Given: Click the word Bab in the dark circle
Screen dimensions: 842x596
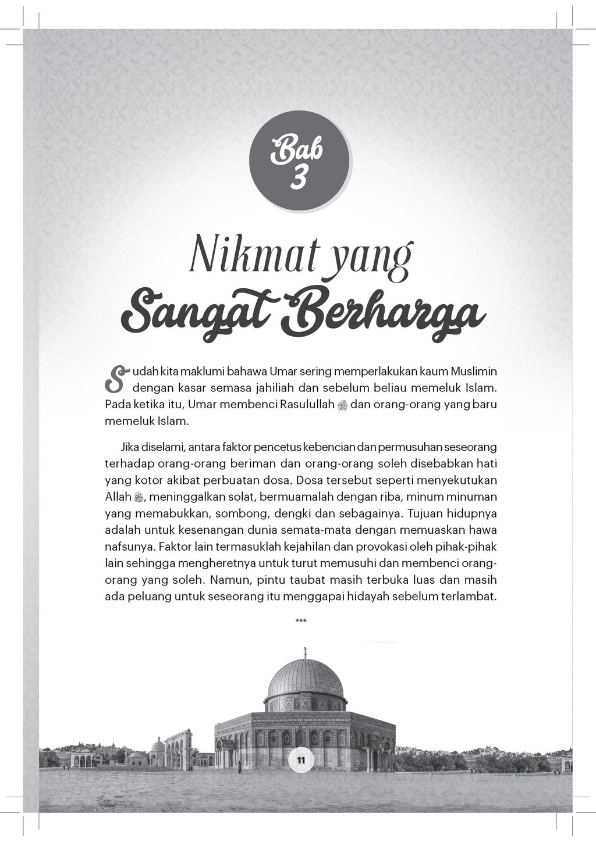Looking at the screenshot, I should pos(300,155).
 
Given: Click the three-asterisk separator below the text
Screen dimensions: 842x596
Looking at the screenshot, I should pos(301,621).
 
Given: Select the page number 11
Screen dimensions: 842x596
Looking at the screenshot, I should pos(301,759).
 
